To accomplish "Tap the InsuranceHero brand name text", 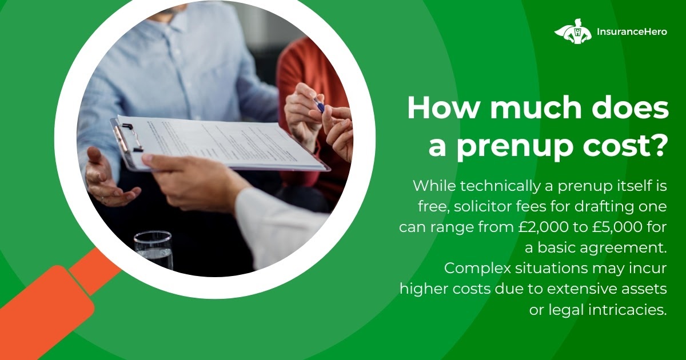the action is [632, 31].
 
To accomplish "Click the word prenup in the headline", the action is [515, 147].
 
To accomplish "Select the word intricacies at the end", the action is [628, 310].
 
